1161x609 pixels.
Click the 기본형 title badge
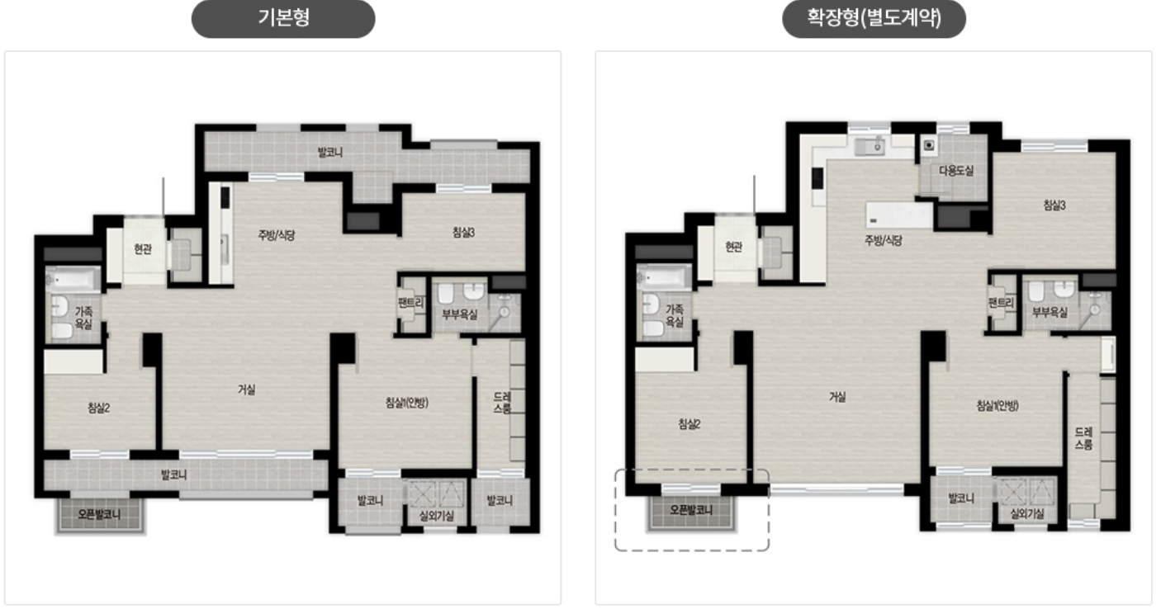283,19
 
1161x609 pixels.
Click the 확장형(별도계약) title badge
874,19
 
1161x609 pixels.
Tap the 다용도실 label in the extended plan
956,170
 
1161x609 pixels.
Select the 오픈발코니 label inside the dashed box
691,510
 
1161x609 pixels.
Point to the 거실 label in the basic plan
246,389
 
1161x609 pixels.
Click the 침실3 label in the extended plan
1054,205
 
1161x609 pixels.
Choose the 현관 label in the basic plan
143,249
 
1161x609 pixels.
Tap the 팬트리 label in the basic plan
410,302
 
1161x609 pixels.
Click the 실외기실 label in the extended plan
1026,514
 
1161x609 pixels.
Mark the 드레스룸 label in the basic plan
502,403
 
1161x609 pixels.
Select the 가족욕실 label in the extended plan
675,315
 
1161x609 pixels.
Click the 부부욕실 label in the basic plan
459,314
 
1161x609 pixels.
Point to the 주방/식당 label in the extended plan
884,240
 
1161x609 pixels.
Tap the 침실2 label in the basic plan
98,408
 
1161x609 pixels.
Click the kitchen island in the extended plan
899,215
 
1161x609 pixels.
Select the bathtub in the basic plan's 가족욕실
73,280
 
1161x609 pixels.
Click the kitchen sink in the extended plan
870,147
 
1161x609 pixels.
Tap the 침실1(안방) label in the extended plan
998,405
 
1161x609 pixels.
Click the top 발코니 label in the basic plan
330,152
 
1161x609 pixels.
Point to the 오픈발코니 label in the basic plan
99,514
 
